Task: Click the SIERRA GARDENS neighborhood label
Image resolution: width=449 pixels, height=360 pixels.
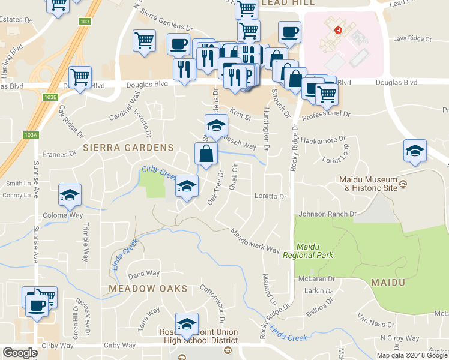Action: [128, 147]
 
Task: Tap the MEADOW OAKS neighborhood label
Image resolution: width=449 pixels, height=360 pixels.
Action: [148, 289]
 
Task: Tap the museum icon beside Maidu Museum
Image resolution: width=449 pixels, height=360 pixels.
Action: [403, 184]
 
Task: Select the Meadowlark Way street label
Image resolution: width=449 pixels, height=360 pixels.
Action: [255, 241]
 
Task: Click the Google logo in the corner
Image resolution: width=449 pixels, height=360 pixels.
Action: [20, 353]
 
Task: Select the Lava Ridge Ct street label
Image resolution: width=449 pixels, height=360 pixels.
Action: [412, 39]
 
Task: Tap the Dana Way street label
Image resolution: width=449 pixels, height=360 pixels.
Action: [144, 274]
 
